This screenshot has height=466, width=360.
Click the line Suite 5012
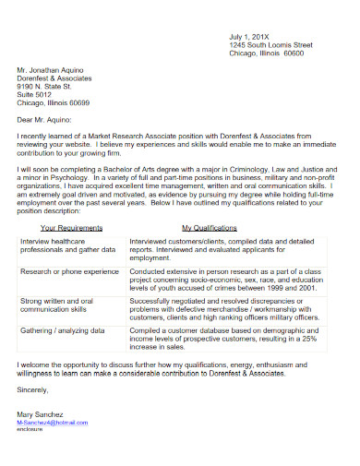click(x=36, y=92)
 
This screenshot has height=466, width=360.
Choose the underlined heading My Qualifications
click(x=210, y=226)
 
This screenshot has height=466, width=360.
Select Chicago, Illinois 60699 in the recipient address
click(x=53, y=101)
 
